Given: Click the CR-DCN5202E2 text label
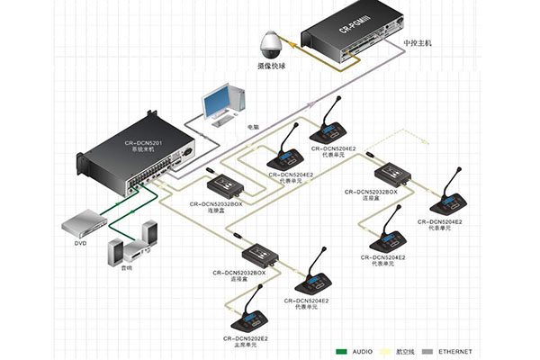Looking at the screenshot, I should tap(243, 337).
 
